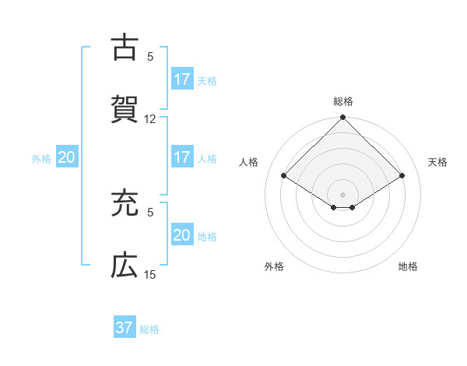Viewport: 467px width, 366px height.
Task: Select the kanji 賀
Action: (x=124, y=107)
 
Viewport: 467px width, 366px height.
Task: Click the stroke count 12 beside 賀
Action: (x=150, y=119)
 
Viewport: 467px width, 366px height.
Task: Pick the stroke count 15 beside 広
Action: (x=150, y=275)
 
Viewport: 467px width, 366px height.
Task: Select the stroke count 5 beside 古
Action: (x=150, y=57)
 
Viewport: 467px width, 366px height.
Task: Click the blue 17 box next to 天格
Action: (x=181, y=79)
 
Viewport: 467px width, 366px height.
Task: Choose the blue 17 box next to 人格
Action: (x=181, y=157)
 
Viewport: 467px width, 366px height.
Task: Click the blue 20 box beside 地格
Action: (x=181, y=235)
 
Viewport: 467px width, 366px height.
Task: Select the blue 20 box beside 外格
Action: (x=66, y=157)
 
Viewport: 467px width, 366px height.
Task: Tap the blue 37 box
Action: (x=124, y=328)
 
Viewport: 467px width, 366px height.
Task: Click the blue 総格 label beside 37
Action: (x=149, y=329)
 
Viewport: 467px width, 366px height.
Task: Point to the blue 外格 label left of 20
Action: (x=41, y=159)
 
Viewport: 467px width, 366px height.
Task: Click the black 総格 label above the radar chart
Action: (x=343, y=101)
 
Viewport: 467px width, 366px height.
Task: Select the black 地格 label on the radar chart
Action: (x=408, y=267)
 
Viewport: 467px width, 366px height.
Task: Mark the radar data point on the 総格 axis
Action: (x=343, y=118)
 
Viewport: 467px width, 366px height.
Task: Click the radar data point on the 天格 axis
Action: (x=402, y=175)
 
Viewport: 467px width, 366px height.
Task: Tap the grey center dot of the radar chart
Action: (x=343, y=194)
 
